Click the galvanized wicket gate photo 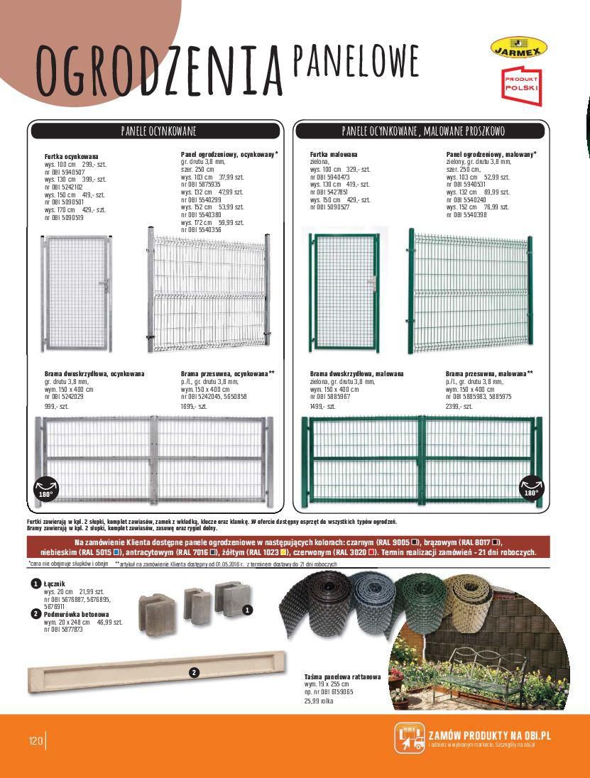click(76, 293)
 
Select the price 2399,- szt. click(459, 407)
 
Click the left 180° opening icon click(44, 486)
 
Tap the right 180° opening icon click(531, 486)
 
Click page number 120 click(35, 740)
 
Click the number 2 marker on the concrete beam click(193, 672)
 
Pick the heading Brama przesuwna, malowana click(489, 373)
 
